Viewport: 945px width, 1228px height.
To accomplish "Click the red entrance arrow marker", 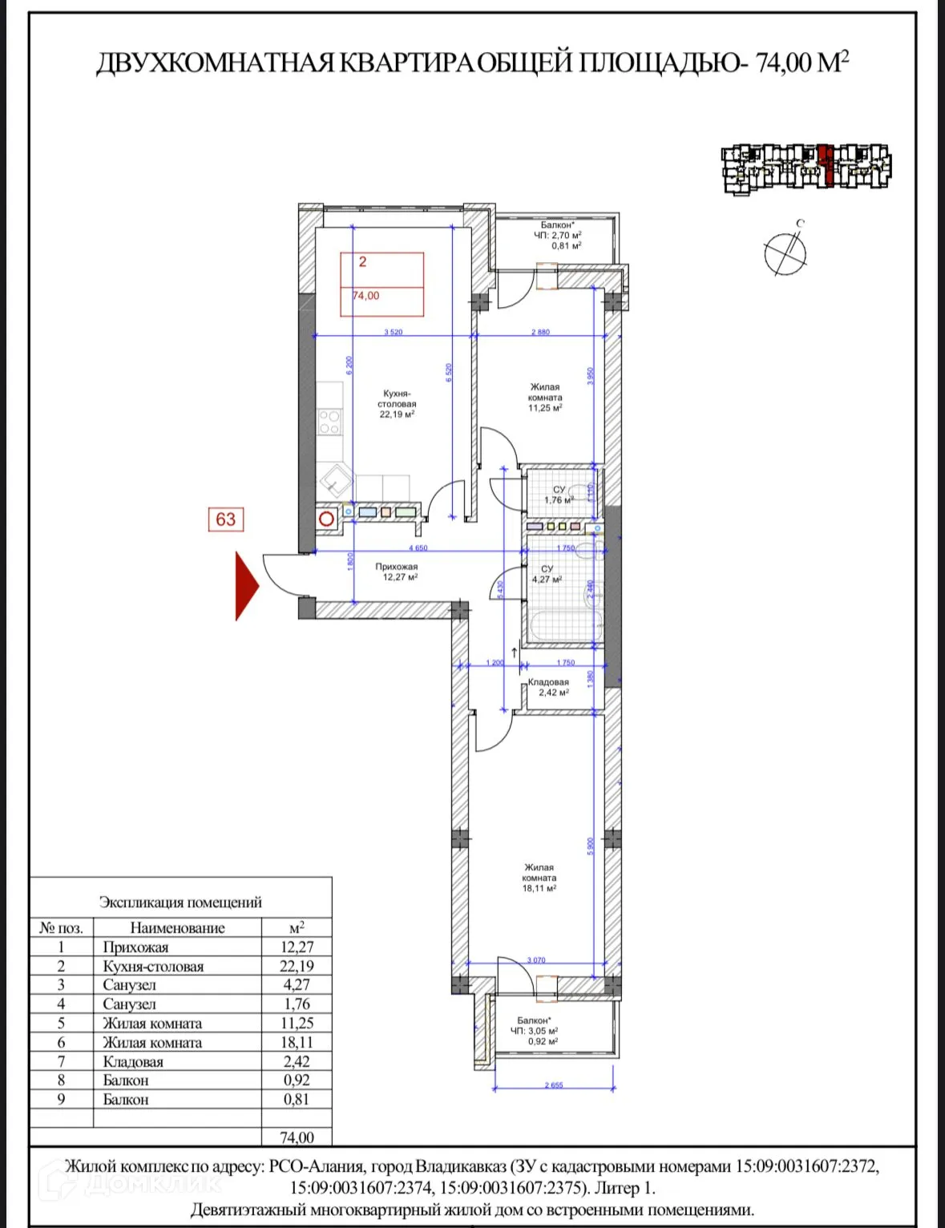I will (245, 586).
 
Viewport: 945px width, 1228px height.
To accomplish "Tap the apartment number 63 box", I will (225, 519).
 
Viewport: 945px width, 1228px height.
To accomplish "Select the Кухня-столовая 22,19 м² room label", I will (397, 404).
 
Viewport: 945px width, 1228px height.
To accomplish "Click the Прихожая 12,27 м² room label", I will (396, 572).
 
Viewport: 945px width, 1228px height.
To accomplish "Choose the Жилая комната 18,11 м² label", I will (539, 878).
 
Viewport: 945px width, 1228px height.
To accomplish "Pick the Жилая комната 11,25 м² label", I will (545, 397).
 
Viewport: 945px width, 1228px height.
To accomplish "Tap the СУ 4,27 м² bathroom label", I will (547, 574).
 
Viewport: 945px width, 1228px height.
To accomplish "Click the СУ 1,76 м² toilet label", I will (559, 495).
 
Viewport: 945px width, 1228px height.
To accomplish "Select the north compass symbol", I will (785, 253).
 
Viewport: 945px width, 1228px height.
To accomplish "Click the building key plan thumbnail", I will (806, 167).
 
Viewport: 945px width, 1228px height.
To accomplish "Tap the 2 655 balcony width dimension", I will (554, 1085).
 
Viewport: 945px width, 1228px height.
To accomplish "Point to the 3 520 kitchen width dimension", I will (393, 332).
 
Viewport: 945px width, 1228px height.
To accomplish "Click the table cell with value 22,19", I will (297, 966).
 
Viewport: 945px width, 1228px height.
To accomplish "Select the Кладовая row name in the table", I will (133, 1061).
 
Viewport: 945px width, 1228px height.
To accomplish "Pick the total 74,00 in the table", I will (297, 1137).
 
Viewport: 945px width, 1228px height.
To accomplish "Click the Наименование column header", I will (177, 927).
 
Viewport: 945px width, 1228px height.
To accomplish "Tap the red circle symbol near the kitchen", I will (326, 519).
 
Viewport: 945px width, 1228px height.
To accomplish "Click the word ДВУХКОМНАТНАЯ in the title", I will (214, 63).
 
